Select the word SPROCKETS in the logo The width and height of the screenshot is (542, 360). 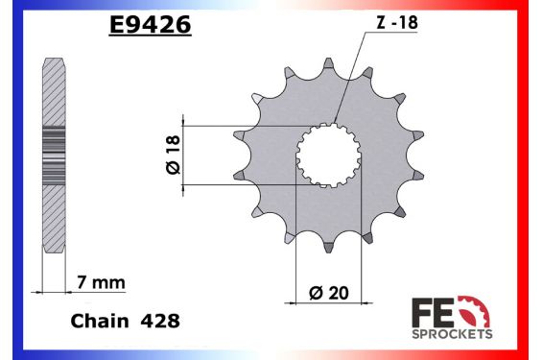pos(452,333)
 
